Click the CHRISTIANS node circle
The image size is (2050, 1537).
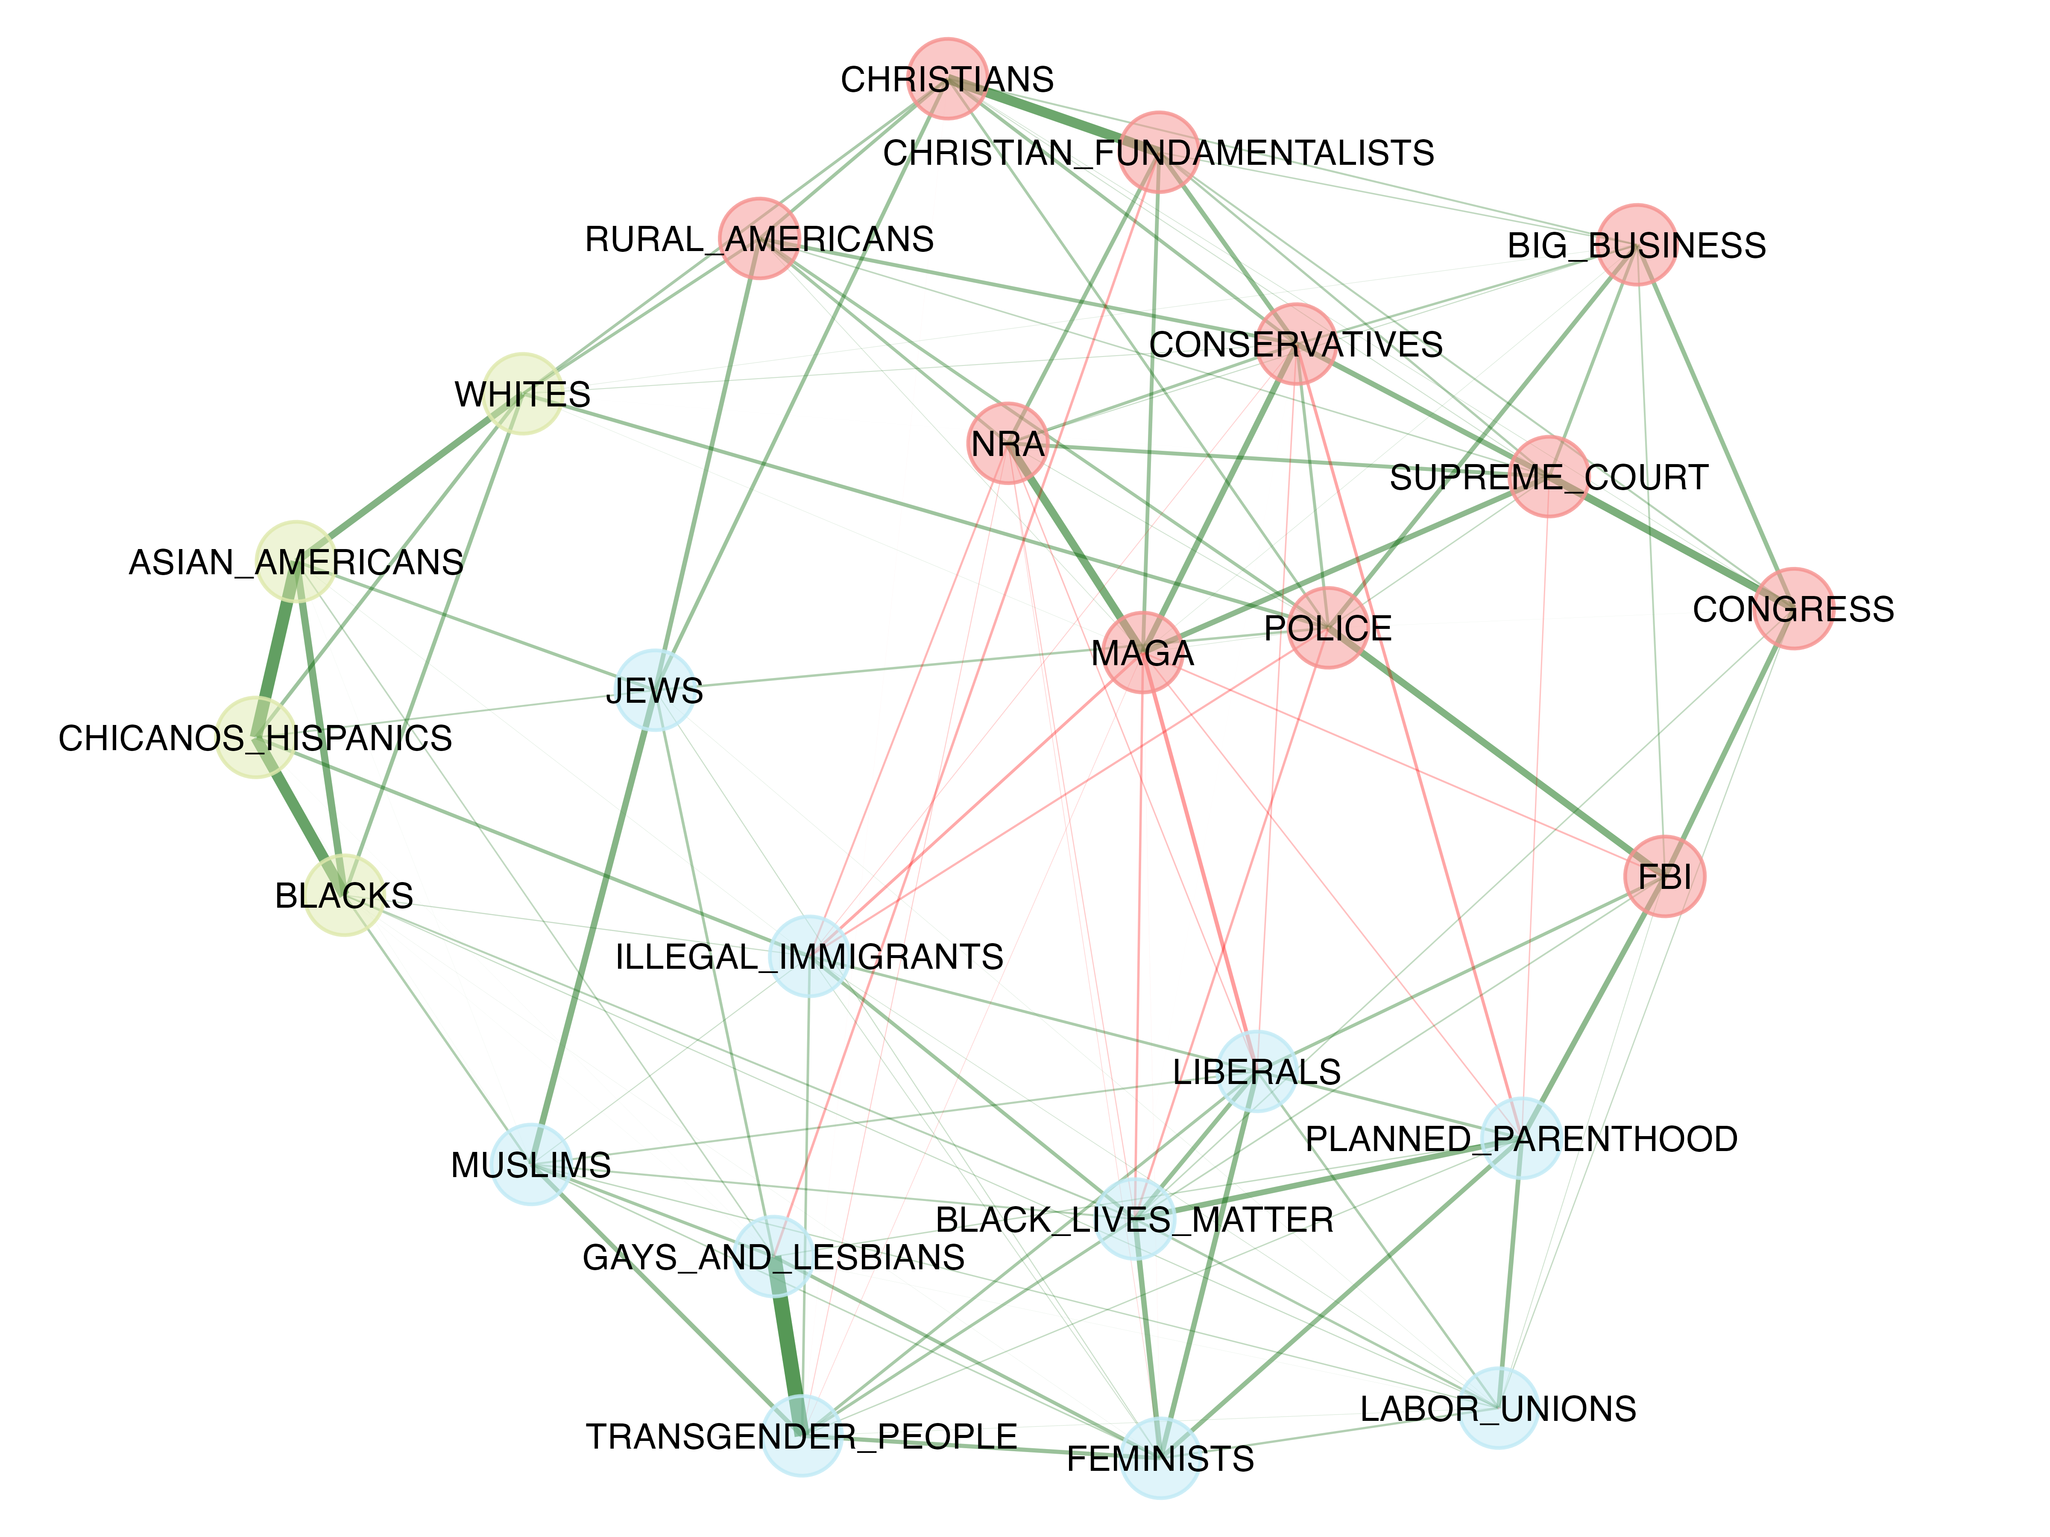click(x=946, y=79)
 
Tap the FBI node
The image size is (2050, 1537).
click(x=1664, y=876)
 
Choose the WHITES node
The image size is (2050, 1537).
click(x=523, y=394)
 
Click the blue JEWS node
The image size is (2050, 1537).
click(x=655, y=690)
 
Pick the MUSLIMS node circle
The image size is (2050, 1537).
click(x=530, y=1165)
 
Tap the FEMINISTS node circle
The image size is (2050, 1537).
click(x=1160, y=1458)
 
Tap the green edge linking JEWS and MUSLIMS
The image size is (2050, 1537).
click(x=593, y=927)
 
